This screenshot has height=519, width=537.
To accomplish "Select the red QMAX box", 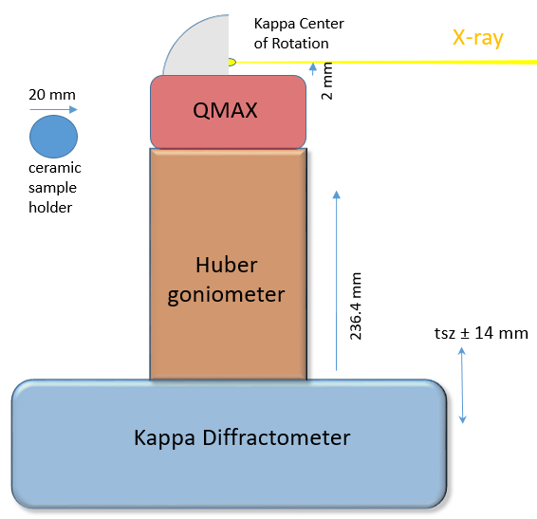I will point(228,112).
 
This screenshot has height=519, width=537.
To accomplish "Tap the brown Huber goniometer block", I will point(228,264).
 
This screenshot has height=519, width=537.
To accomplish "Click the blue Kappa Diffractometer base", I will point(228,441).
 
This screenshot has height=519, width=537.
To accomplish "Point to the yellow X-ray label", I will point(477,39).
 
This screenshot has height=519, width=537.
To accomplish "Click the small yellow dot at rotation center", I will point(231,63).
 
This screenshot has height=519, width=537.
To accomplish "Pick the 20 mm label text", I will point(52,95).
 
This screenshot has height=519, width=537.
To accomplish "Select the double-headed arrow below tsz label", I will point(462,385).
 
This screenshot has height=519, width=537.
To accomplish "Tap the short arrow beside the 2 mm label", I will point(313,67).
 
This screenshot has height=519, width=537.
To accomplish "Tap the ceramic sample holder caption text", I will point(52,188).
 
